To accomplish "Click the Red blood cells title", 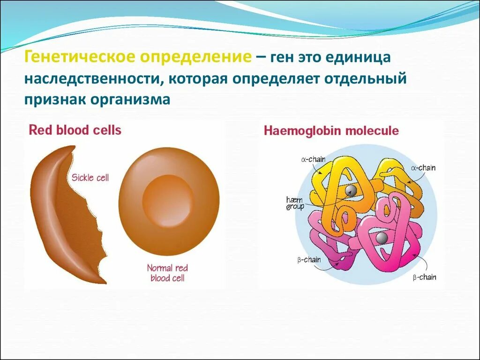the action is (75, 130).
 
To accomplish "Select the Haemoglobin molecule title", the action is (331, 130).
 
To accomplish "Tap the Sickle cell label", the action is (90, 178).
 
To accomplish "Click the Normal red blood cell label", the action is (167, 273).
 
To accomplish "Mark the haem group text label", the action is (295, 203).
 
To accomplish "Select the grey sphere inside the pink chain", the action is (382, 238).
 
